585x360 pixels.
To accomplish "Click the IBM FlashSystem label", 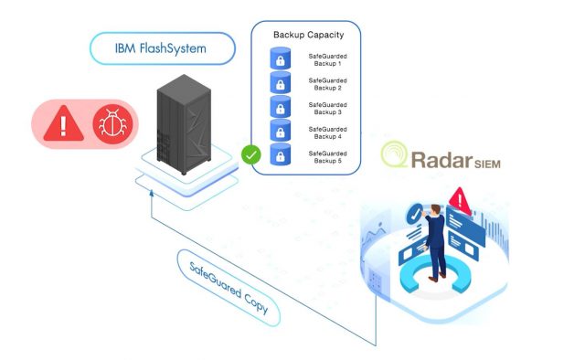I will pos(161,48).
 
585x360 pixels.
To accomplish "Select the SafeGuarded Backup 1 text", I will pos(326,60).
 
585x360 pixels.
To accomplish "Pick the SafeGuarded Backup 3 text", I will pos(326,109).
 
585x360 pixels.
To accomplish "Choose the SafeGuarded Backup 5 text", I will pos(326,157).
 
